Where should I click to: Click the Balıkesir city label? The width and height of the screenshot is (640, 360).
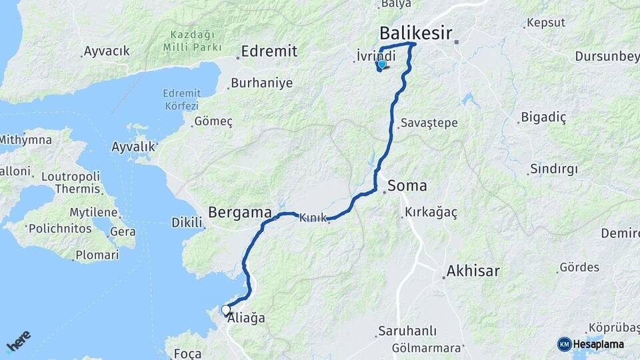(415, 33)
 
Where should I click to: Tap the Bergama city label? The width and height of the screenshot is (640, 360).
(240, 213)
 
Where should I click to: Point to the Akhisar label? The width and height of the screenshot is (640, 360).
(473, 271)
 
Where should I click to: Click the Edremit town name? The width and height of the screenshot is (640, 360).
(269, 51)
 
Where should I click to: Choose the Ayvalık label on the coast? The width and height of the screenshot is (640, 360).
(133, 146)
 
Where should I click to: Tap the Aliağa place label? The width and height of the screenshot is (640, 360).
(246, 319)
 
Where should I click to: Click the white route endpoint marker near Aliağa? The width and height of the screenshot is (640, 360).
(226, 310)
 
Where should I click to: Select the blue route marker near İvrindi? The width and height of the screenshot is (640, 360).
(381, 65)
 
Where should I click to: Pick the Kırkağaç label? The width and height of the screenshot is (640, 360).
(430, 213)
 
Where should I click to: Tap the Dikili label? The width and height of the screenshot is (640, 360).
(186, 221)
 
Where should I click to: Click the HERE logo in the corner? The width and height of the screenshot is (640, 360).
(18, 341)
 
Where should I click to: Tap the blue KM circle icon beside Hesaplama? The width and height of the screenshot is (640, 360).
(564, 344)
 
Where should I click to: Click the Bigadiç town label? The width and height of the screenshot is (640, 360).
(543, 118)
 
